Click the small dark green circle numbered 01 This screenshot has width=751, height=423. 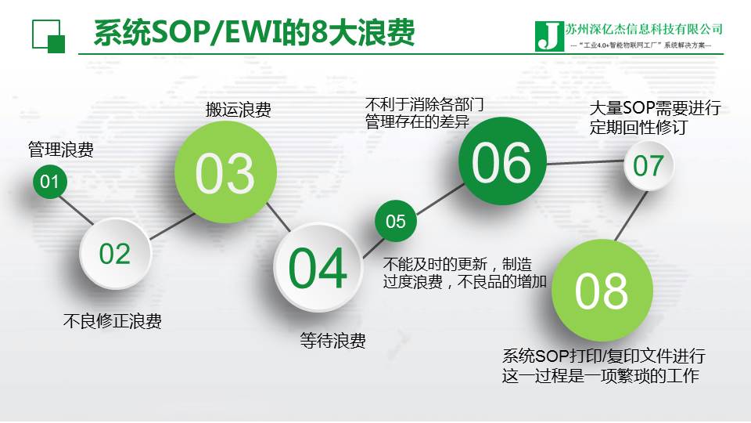point(49,181)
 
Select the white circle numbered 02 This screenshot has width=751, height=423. point(115,253)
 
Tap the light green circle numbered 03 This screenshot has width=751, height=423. point(225,172)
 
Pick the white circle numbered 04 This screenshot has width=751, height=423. point(318,267)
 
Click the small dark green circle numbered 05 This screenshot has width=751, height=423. point(396,221)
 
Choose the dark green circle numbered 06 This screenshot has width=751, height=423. point(502,161)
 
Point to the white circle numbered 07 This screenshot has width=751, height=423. point(649,165)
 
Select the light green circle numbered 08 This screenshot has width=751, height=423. point(602,291)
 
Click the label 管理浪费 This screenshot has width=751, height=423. point(61,150)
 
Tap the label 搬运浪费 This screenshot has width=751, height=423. point(239,110)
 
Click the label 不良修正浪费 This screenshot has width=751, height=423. point(112,321)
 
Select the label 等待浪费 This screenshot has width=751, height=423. point(333,341)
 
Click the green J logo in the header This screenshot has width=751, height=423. point(549,36)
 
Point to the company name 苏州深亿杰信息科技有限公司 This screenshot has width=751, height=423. point(644,29)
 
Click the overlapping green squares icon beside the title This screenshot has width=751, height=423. point(48,36)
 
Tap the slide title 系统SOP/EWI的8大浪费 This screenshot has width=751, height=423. point(254,33)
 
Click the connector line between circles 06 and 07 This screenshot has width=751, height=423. point(585,163)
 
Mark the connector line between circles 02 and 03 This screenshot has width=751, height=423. point(172,226)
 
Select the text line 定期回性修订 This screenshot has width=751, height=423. point(639,127)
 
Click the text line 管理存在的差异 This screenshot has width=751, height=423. point(417,122)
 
